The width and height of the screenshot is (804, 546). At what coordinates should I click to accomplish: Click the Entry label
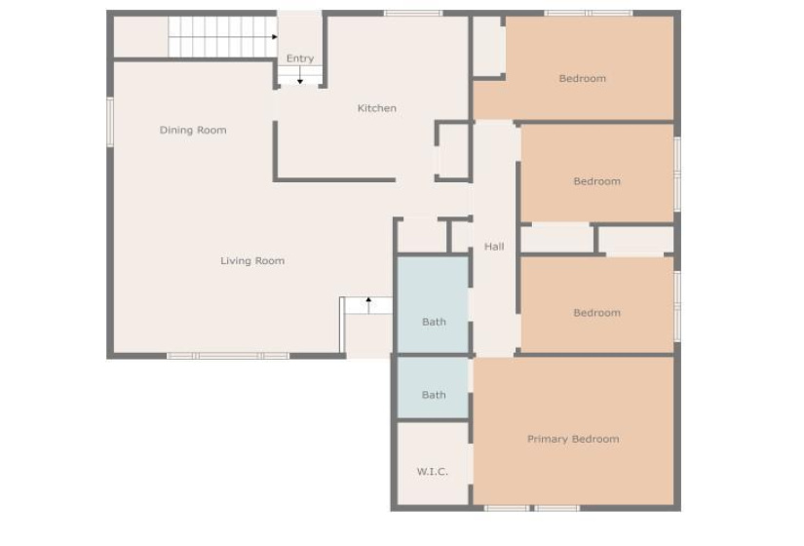[x=300, y=58]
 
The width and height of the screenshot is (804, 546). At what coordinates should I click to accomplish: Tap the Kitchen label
[x=377, y=108]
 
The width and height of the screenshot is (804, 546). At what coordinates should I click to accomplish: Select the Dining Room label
[x=193, y=131]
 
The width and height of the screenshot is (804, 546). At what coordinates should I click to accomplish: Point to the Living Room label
[x=252, y=260]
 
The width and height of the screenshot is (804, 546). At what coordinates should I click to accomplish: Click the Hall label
[x=494, y=247]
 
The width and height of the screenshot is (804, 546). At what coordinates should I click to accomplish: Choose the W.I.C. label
[x=433, y=472]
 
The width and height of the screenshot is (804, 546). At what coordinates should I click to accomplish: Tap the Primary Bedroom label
[x=573, y=440]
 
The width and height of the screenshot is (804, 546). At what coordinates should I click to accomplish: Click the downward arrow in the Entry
[x=300, y=75]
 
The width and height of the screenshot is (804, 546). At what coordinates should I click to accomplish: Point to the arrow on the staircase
[x=274, y=37]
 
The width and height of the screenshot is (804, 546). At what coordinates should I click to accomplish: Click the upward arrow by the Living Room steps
[x=368, y=305]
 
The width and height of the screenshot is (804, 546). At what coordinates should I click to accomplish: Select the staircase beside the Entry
[x=222, y=37]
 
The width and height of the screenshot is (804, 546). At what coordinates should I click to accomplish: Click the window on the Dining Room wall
[x=110, y=122]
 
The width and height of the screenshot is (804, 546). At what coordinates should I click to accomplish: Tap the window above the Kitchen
[x=413, y=13]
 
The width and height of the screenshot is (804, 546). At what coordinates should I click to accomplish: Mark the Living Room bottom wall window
[x=228, y=356]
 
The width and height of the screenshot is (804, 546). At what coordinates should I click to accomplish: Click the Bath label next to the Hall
[x=434, y=323]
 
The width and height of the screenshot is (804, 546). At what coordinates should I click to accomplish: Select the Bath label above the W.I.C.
[x=434, y=395]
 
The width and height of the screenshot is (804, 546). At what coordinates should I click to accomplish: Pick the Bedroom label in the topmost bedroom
[x=583, y=79]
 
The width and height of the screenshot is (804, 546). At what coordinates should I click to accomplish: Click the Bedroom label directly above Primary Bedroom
[x=596, y=313]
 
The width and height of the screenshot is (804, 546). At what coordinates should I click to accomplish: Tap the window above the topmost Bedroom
[x=588, y=13]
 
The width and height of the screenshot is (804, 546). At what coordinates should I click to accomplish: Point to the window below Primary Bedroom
[x=532, y=508]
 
